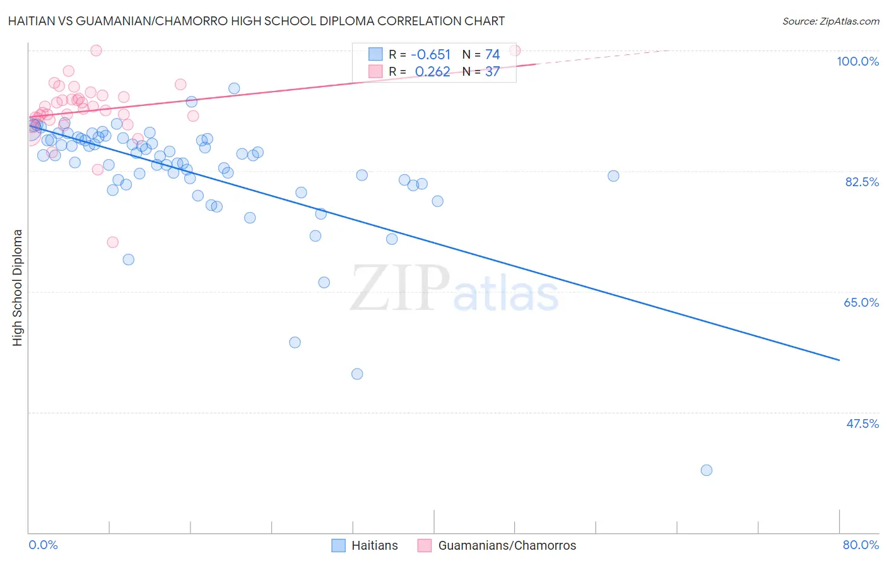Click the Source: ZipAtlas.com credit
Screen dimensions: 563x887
tap(830, 21)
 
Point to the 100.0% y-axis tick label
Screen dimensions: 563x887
tap(857, 61)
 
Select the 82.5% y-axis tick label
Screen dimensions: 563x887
tap(862, 182)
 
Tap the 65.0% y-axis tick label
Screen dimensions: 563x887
tap(861, 302)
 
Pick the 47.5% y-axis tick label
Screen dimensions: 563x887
tap(862, 424)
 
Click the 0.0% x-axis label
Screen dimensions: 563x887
tap(43, 545)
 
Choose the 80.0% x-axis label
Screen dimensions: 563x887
tap(861, 545)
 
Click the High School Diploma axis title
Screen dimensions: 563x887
tap(18, 287)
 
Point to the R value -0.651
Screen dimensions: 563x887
tap(431, 55)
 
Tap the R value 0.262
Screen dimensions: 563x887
tap(432, 72)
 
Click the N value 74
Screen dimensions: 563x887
tap(492, 55)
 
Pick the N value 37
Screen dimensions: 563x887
tap(492, 72)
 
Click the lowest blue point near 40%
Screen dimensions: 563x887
tap(707, 470)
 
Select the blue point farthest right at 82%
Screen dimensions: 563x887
tap(613, 176)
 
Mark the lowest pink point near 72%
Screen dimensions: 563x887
tap(113, 242)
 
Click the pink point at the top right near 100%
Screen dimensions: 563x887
tap(515, 50)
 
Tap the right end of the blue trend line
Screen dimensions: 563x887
tap(839, 360)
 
